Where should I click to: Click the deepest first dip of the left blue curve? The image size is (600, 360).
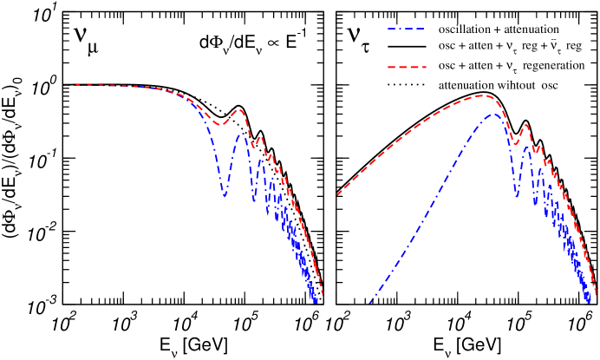coord(225,196)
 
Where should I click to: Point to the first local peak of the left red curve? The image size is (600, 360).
coord(239,110)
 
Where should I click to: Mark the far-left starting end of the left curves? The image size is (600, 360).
coord(63,85)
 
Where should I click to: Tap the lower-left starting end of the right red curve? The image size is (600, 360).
coord(337,195)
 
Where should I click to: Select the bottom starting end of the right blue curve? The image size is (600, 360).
coord(370,303)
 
